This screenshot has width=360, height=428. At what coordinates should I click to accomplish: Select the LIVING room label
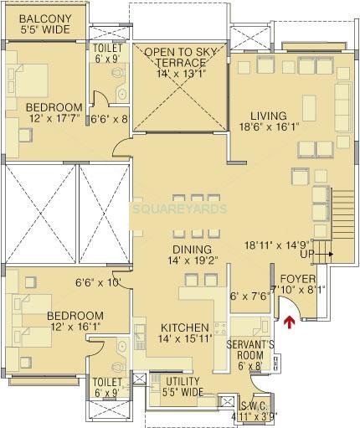tap(268, 116)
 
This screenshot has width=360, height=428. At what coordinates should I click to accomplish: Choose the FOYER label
tap(296, 278)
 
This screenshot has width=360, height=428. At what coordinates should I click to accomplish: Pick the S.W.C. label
tap(256, 404)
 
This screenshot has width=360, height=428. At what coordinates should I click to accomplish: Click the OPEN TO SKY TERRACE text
tap(178, 58)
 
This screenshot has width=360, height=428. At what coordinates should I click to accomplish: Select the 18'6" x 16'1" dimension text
tap(268, 128)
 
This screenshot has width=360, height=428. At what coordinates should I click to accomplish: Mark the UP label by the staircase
tap(308, 253)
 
